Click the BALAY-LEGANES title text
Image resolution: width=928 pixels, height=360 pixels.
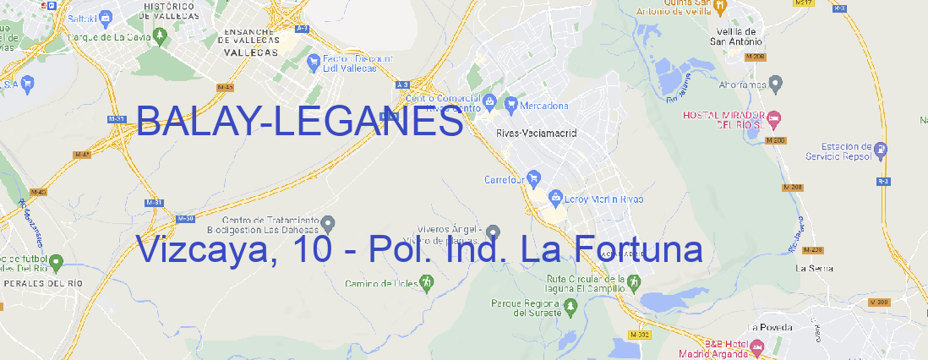(x=299, y=123)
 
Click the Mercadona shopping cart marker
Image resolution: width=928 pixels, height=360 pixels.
(x=510, y=105)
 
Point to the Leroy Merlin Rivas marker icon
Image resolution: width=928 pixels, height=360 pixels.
(x=555, y=199)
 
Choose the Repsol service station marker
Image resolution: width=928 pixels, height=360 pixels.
(x=882, y=150)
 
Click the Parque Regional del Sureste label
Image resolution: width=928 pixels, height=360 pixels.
(x=526, y=308)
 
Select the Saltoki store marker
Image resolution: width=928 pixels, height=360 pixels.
(x=105, y=16)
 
